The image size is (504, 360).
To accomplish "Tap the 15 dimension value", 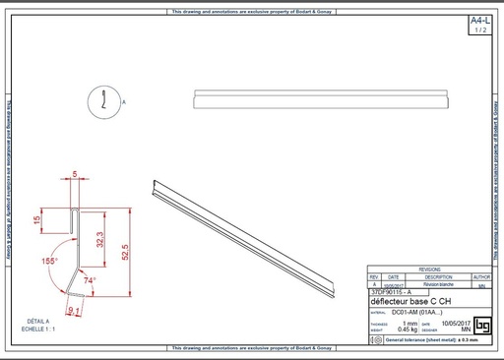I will [37, 221].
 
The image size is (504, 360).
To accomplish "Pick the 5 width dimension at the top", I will [76, 173].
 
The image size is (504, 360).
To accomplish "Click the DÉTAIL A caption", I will [38, 321].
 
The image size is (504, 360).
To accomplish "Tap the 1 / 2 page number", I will [479, 30].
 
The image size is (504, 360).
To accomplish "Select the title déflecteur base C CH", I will [411, 301].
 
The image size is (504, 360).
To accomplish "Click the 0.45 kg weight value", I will [402, 330].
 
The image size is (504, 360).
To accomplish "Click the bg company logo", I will [481, 325].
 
